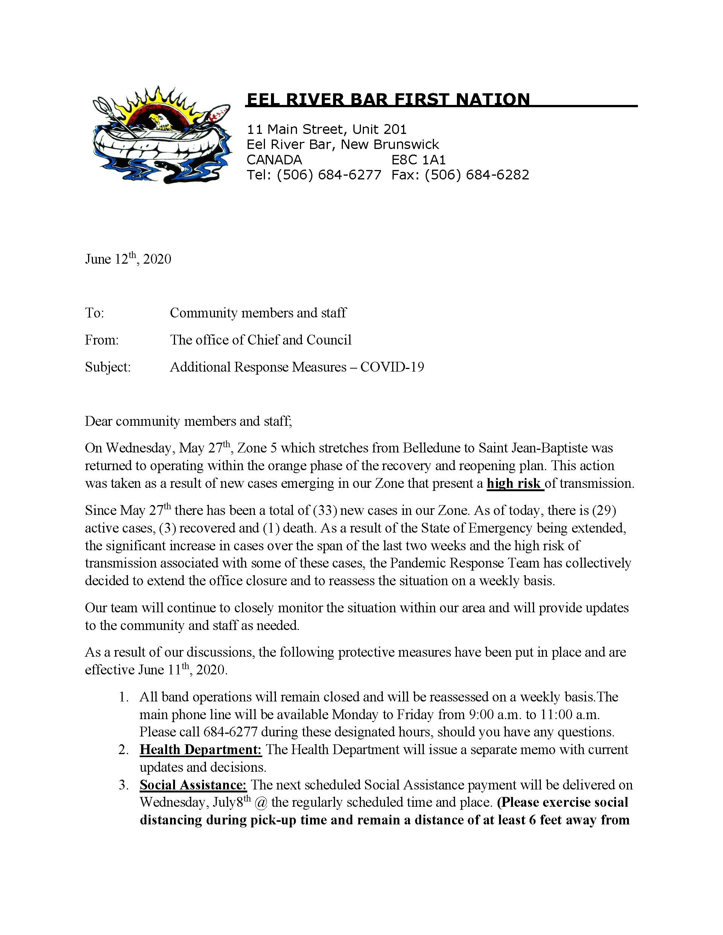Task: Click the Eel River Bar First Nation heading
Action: click(x=388, y=99)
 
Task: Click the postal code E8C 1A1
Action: click(x=419, y=160)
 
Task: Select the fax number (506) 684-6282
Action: click(x=477, y=175)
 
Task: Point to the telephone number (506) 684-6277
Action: click(x=329, y=175)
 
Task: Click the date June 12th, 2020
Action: click(x=128, y=259)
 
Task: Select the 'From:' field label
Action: click(x=102, y=340)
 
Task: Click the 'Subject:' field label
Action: click(x=108, y=367)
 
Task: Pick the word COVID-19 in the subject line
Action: click(x=392, y=367)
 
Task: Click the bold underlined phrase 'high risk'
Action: click(x=514, y=483)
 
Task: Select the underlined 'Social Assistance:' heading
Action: click(x=193, y=785)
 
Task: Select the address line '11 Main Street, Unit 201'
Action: click(x=326, y=129)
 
